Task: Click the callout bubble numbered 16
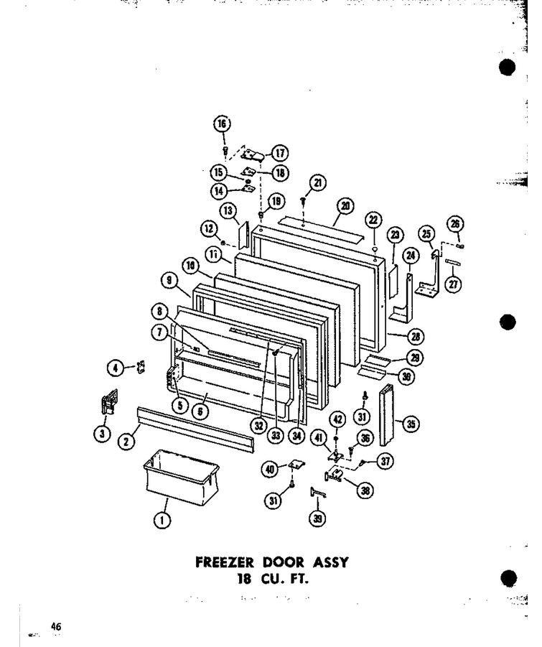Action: (x=222, y=124)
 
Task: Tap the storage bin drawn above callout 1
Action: (x=181, y=478)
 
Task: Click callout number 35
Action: (x=411, y=424)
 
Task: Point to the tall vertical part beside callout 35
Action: (x=386, y=415)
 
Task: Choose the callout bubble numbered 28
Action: (x=415, y=337)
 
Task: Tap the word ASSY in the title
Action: (x=330, y=562)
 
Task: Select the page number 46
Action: (x=56, y=626)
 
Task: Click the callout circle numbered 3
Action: (x=102, y=433)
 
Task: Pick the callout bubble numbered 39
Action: (x=317, y=518)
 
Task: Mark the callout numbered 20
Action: (x=345, y=205)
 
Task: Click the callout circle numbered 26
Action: (x=455, y=224)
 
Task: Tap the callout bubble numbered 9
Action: (x=169, y=281)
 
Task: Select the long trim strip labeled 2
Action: (x=196, y=429)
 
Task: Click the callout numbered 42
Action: (x=337, y=419)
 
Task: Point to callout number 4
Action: (x=116, y=368)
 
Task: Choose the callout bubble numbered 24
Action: (x=411, y=256)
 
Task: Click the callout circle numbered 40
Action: (x=270, y=469)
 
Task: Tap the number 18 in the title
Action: (x=244, y=579)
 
